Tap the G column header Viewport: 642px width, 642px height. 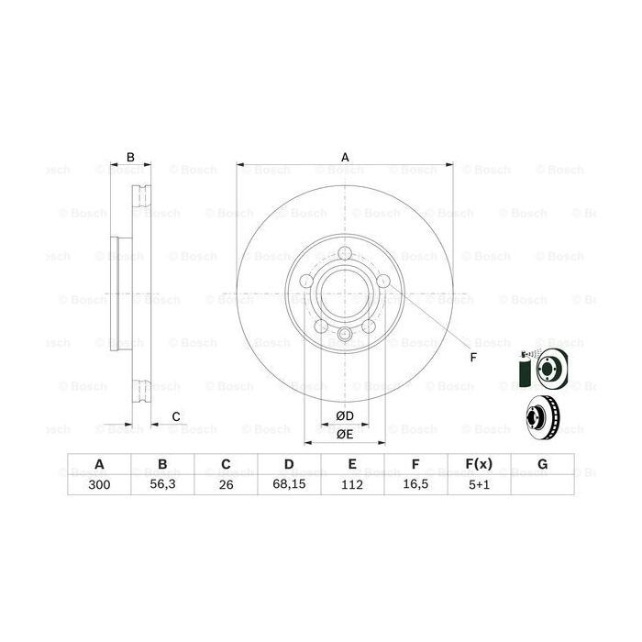point(542,465)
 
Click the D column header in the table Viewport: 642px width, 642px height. point(288,465)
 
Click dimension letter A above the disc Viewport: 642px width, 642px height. point(345,157)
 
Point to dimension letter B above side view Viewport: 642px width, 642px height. point(130,157)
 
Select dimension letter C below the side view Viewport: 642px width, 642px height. point(174,417)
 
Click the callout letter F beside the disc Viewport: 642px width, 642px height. point(473,357)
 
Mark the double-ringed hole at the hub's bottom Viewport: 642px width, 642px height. point(345,336)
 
